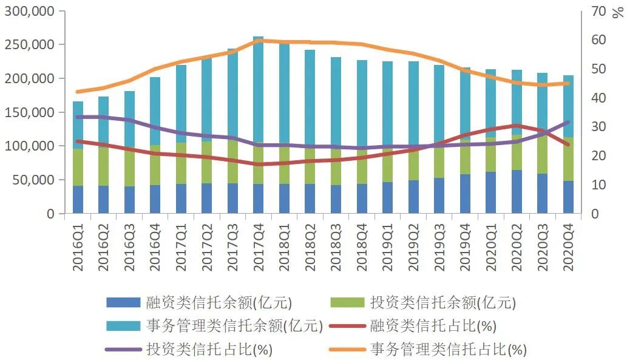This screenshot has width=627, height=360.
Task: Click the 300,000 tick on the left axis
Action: point(29,12)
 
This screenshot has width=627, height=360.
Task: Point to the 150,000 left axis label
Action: point(29,112)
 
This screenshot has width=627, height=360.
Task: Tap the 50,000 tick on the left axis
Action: point(33,180)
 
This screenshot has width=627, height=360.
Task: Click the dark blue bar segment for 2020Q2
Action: point(517,192)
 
